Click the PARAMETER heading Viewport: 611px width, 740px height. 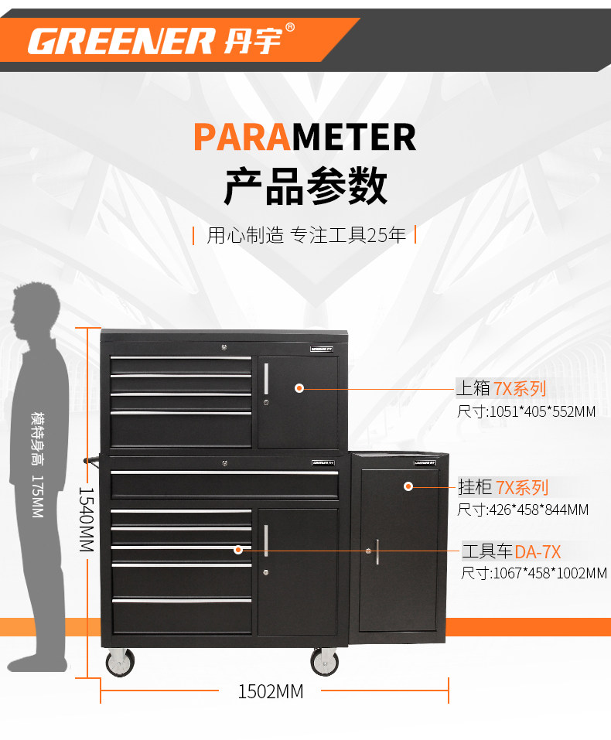pyautogui.click(x=304, y=138)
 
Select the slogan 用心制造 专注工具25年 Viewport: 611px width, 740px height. pyautogui.click(x=305, y=235)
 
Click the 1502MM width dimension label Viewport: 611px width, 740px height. pyautogui.click(x=270, y=691)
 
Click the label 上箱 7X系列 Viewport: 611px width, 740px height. pyautogui.click(x=500, y=388)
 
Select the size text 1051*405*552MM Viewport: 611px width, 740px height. pyautogui.click(x=526, y=411)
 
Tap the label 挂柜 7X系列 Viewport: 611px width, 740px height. pyautogui.click(x=503, y=487)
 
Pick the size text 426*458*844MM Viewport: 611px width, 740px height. pyautogui.click(x=523, y=510)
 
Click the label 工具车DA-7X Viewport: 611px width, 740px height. pyautogui.click(x=510, y=551)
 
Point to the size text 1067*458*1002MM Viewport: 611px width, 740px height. pyautogui.click(x=534, y=573)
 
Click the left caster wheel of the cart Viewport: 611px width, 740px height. pyautogui.click(x=119, y=663)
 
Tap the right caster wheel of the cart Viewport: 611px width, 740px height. pyautogui.click(x=324, y=663)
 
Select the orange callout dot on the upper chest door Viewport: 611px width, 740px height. pyautogui.click(x=299, y=388)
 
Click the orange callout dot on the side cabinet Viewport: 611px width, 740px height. pyautogui.click(x=408, y=486)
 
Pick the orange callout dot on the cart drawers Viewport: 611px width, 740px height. pyautogui.click(x=238, y=551)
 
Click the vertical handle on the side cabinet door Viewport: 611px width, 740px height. pyautogui.click(x=377, y=551)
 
